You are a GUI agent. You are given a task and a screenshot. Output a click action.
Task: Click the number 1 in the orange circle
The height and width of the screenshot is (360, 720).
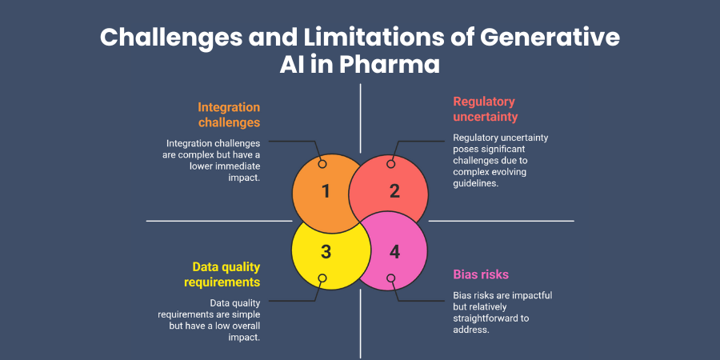tap(326, 191)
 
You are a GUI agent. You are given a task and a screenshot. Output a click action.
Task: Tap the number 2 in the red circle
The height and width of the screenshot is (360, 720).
tap(394, 191)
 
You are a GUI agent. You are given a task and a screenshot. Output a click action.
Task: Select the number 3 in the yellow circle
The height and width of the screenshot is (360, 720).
tap(326, 251)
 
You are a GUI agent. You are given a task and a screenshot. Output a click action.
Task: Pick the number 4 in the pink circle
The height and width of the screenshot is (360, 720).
tap(394, 251)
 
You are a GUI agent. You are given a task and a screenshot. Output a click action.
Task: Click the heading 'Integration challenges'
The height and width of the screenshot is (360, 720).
tap(229, 114)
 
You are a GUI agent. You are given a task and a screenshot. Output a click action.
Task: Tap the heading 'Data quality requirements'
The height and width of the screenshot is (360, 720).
tap(226, 274)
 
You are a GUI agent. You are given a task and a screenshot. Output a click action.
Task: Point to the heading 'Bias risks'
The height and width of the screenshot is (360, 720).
tap(481, 274)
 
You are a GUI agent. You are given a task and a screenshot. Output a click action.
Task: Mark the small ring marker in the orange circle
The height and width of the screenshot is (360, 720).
tap(322, 163)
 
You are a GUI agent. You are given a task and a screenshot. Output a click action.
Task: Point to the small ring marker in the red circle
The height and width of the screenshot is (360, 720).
tap(390, 163)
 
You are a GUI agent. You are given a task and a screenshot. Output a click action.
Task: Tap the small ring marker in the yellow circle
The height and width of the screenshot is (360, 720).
tap(322, 279)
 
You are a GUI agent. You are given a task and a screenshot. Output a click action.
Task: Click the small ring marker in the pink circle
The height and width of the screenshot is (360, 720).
tap(390, 279)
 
